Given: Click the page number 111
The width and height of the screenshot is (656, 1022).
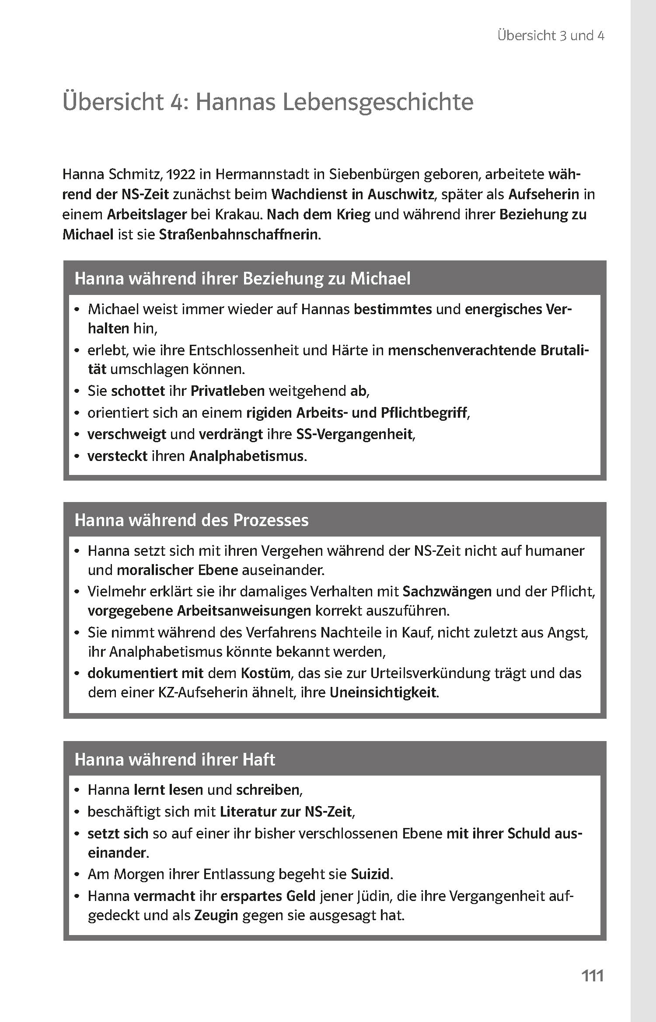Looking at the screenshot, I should (x=592, y=975).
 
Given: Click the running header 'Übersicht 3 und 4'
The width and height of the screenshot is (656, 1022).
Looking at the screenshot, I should (x=551, y=36).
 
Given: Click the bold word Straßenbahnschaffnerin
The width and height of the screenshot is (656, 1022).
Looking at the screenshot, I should (x=239, y=235).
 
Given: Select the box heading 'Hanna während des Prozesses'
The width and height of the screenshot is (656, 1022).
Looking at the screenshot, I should (x=192, y=520).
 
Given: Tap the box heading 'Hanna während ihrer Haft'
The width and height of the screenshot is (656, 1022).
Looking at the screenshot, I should (x=175, y=759).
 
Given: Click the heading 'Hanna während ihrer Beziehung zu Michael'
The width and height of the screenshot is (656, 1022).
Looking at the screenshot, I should (x=242, y=278).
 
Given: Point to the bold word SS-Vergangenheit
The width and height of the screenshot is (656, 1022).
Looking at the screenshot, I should (x=354, y=434).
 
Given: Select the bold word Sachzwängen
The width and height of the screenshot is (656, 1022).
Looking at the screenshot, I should (x=447, y=591).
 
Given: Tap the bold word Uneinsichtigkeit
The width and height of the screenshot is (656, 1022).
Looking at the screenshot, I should (x=383, y=693).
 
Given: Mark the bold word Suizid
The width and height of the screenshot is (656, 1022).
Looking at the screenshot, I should (x=370, y=874).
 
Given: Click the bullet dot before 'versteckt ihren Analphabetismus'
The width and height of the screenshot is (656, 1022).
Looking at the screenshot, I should (x=77, y=457).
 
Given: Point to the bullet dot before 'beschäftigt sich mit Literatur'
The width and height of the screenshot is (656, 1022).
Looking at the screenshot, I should (x=77, y=812).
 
